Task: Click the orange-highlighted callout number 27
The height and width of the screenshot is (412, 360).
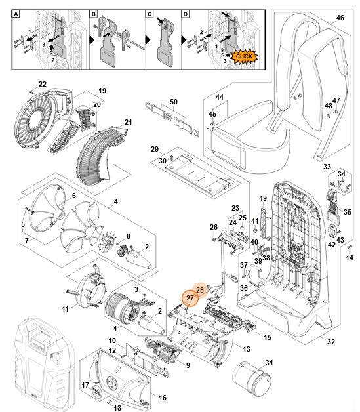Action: pyautogui.click(x=190, y=298)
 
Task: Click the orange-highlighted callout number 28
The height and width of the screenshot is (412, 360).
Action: pyautogui.click(x=200, y=290)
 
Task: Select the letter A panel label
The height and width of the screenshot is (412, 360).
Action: pyautogui.click(x=18, y=14)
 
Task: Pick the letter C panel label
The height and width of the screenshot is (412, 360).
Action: pyautogui.click(x=150, y=14)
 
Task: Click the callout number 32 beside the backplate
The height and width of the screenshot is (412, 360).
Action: pyautogui.click(x=330, y=342)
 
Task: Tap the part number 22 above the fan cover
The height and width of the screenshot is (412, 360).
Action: pyautogui.click(x=42, y=84)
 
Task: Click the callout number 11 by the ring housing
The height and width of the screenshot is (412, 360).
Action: pyautogui.click(x=65, y=308)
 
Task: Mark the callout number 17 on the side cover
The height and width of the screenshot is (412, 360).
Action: pyautogui.click(x=85, y=385)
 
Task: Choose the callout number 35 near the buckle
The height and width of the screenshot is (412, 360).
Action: pyautogui.click(x=347, y=212)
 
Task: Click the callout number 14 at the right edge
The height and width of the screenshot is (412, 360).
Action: pyautogui.click(x=349, y=258)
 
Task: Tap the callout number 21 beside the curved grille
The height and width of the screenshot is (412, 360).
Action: pyautogui.click(x=129, y=123)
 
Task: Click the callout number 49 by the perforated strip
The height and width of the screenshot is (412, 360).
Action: pyautogui.click(x=262, y=199)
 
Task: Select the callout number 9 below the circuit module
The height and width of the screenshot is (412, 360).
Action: pyautogui.click(x=188, y=365)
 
